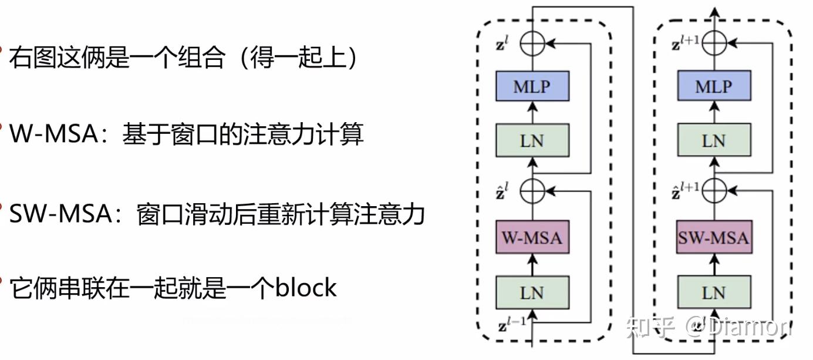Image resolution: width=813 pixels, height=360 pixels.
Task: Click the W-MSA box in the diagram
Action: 532,237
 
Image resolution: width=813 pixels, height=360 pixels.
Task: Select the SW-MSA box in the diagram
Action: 713,237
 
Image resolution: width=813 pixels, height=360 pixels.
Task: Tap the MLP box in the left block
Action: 532,87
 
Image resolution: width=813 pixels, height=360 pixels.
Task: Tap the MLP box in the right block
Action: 713,87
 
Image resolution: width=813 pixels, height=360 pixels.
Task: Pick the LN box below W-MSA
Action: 532,292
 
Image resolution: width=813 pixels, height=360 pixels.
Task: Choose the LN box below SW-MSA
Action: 713,292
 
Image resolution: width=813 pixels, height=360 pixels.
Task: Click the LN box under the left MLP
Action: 532,140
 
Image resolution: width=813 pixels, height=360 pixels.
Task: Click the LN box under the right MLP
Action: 713,140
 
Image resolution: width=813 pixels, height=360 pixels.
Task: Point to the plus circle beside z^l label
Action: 533,43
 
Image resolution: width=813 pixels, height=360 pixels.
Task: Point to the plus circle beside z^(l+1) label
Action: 714,43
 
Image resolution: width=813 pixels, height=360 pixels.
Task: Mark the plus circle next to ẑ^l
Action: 533,190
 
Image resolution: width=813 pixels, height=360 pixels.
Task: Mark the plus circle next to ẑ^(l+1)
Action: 714,190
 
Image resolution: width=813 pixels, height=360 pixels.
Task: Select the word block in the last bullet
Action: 306,288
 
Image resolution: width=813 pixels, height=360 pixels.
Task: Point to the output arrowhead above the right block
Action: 714,12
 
